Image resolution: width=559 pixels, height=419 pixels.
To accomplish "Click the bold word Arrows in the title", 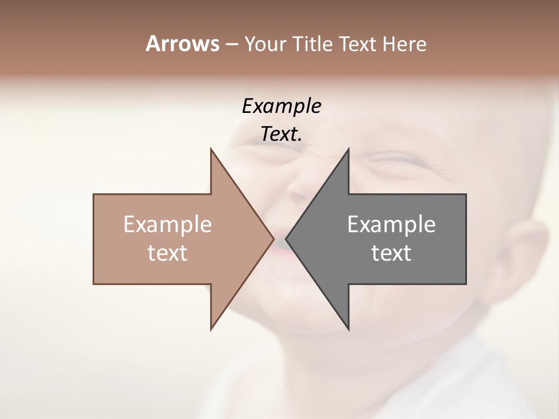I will (182, 44).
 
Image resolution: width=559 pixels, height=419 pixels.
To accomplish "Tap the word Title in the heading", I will (314, 44).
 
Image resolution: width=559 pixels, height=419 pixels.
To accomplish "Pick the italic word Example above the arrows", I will (282, 106).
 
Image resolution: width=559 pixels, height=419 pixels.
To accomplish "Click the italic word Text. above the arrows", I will (282, 134).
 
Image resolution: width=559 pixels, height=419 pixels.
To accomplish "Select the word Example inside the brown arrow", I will (168, 225).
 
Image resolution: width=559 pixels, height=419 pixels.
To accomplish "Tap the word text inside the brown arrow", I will (168, 253).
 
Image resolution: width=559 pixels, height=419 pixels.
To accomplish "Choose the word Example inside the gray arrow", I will (391, 225).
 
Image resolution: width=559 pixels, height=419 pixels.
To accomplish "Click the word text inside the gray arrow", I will (391, 253).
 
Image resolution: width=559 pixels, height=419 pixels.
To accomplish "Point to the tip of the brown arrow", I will (273, 239).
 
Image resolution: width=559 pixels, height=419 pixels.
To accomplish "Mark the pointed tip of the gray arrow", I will (286, 239).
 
